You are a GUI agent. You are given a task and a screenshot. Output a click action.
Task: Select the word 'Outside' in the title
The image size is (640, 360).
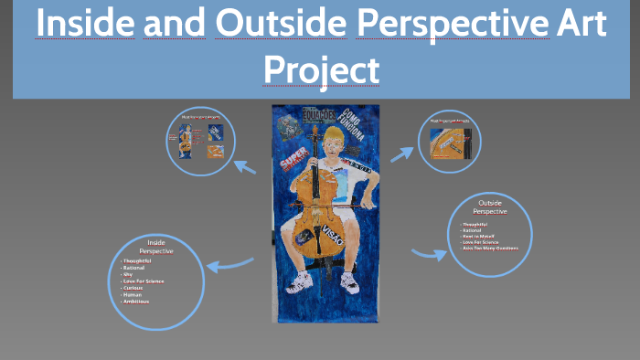click(281, 25)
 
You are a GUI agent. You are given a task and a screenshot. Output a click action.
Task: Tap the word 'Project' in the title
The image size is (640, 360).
click(321, 68)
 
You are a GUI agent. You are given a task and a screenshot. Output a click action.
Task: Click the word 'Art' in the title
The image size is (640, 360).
click(581, 25)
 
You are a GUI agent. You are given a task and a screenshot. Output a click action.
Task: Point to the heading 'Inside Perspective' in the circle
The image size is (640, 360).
click(155, 246)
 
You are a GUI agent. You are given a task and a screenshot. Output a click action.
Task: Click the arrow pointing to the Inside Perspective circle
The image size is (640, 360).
click(229, 265)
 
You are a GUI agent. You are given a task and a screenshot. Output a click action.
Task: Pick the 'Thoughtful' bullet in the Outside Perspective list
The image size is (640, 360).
click(476, 223)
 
